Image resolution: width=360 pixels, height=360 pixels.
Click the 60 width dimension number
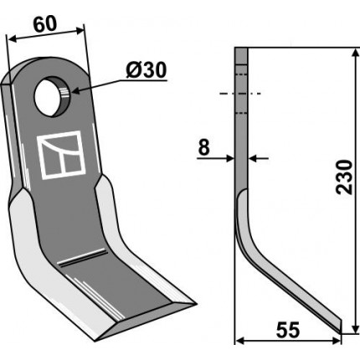(45, 24)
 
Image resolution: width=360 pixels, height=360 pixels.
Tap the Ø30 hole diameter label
(146, 70)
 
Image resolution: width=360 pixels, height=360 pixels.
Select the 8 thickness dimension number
(203, 147)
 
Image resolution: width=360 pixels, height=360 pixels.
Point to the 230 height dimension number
(344, 177)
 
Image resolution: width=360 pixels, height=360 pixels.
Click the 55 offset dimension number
(288, 330)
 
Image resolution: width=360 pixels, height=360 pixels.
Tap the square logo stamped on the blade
(61, 155)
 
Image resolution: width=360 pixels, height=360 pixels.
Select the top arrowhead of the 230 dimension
(355, 53)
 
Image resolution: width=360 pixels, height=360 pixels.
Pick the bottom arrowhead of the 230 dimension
(355, 328)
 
